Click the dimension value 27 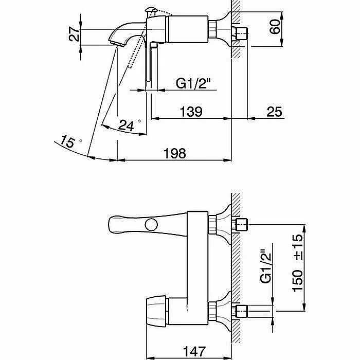tap(75, 34)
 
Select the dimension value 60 tap(275, 27)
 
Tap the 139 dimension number tap(191, 112)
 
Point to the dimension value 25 tap(274, 112)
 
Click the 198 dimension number tap(174, 153)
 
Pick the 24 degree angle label tap(129, 125)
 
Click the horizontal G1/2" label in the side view tap(193, 83)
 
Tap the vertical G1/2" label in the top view tap(266, 266)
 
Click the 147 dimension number tap(194, 351)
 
